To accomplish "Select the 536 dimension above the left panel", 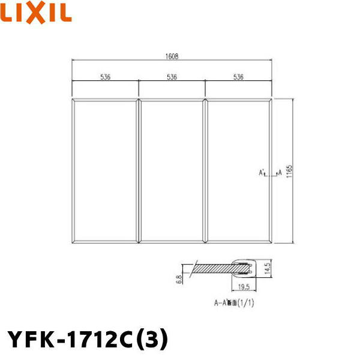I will pos(106,77).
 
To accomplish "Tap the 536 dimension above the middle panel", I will pos(172,77).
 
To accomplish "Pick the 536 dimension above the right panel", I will pos(238,77).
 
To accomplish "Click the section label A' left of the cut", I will pos(262,173).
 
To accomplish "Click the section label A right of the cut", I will pos(280,173).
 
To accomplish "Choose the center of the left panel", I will pos(106,170).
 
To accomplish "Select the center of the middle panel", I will pos(172,170).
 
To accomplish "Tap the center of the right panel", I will pos(238,170).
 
